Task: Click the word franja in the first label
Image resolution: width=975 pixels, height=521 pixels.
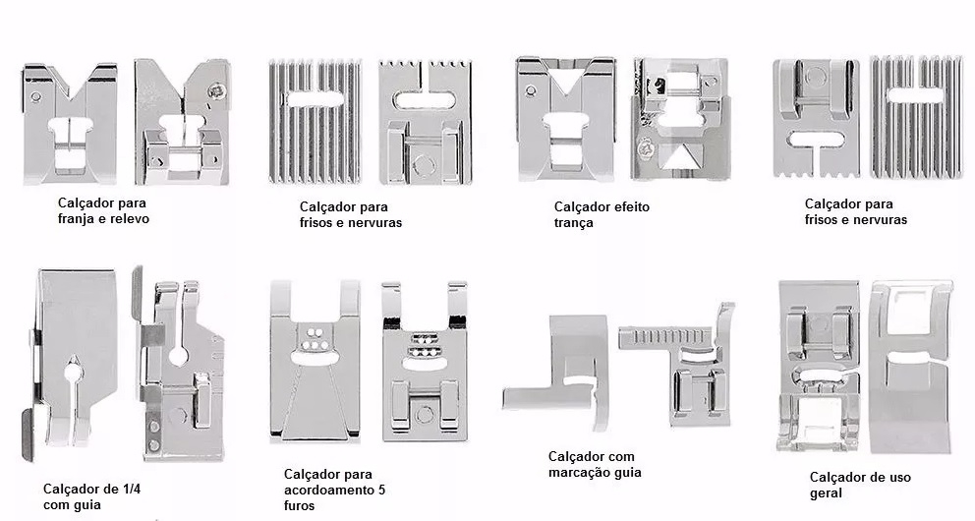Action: pyautogui.click(x=77, y=219)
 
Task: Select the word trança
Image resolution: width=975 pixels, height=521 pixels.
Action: pyautogui.click(x=573, y=223)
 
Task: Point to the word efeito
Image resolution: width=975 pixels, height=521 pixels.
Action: pyautogui.click(x=629, y=207)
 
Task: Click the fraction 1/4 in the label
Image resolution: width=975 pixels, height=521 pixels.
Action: pyautogui.click(x=129, y=489)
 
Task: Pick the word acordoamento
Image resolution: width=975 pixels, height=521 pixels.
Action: pyautogui.click(x=326, y=490)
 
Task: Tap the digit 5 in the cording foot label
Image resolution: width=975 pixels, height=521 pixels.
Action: pyautogui.click(x=380, y=490)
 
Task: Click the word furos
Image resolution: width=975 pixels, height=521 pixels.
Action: pyautogui.click(x=300, y=505)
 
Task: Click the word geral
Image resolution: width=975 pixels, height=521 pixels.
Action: pyautogui.click(x=826, y=493)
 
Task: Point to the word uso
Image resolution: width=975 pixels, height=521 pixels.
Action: pyautogui.click(x=899, y=478)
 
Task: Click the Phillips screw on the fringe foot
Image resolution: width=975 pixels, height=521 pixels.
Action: pyautogui.click(x=217, y=92)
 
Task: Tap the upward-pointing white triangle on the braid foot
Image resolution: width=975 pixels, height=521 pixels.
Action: pyautogui.click(x=676, y=158)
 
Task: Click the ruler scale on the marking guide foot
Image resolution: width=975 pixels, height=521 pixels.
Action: pyautogui.click(x=665, y=337)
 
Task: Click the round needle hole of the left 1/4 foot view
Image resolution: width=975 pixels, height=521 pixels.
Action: pyautogui.click(x=73, y=372)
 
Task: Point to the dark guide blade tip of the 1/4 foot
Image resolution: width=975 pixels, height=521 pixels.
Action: pyautogui.click(x=28, y=434)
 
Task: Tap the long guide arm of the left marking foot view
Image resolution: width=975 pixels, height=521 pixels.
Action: pyautogui.click(x=547, y=398)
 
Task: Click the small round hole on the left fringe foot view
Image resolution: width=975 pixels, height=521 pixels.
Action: pyautogui.click(x=36, y=97)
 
